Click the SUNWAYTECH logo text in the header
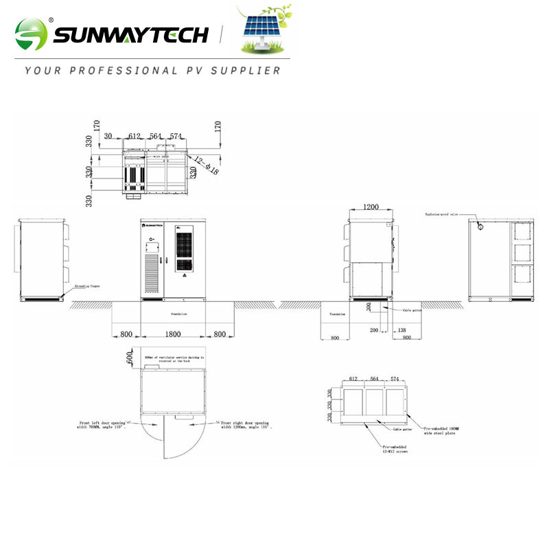click(130, 32)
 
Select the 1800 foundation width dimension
click(173, 334)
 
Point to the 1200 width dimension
click(371, 207)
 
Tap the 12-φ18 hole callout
click(205, 165)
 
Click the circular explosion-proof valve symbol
click(480, 225)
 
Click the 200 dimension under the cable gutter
click(375, 331)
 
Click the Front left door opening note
click(101, 425)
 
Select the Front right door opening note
click(245, 425)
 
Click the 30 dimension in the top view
click(108, 137)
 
